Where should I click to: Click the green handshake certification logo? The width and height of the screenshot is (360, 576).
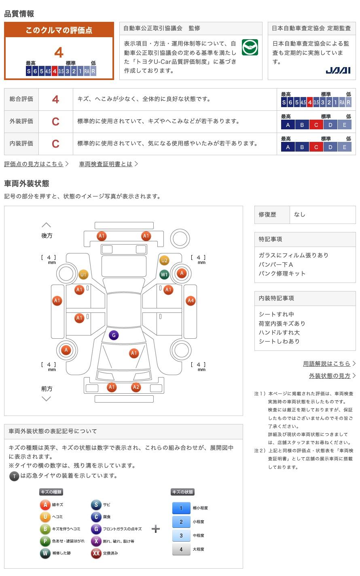click(250, 47)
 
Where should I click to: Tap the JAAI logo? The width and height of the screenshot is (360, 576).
click(338, 70)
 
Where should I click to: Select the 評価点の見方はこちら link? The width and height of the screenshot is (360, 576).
click(34, 164)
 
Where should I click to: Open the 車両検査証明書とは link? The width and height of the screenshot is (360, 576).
click(106, 164)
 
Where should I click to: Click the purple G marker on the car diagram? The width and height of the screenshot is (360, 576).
click(114, 335)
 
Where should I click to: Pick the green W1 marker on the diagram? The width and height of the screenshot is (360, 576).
click(164, 274)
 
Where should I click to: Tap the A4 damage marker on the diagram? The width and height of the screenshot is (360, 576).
click(191, 301)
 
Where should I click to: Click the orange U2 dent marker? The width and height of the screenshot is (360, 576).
click(164, 260)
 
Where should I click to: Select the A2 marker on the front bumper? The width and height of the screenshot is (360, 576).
click(136, 387)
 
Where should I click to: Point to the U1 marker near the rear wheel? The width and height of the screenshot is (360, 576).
click(83, 274)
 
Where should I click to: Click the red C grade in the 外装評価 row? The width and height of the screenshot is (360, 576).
click(55, 121)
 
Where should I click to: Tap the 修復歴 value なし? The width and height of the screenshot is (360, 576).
click(299, 215)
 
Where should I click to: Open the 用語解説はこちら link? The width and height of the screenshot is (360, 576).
click(326, 364)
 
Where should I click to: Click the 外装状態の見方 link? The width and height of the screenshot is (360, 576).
click(329, 376)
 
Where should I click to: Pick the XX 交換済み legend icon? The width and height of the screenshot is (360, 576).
click(96, 553)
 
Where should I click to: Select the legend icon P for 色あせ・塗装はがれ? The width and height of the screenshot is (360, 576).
click(45, 541)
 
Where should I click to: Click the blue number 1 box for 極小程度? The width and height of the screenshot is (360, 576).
click(181, 508)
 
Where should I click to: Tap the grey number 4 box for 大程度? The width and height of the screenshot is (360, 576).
click(181, 549)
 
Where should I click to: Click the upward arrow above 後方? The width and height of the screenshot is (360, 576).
click(47, 225)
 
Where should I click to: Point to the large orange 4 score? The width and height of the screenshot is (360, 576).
click(59, 53)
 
